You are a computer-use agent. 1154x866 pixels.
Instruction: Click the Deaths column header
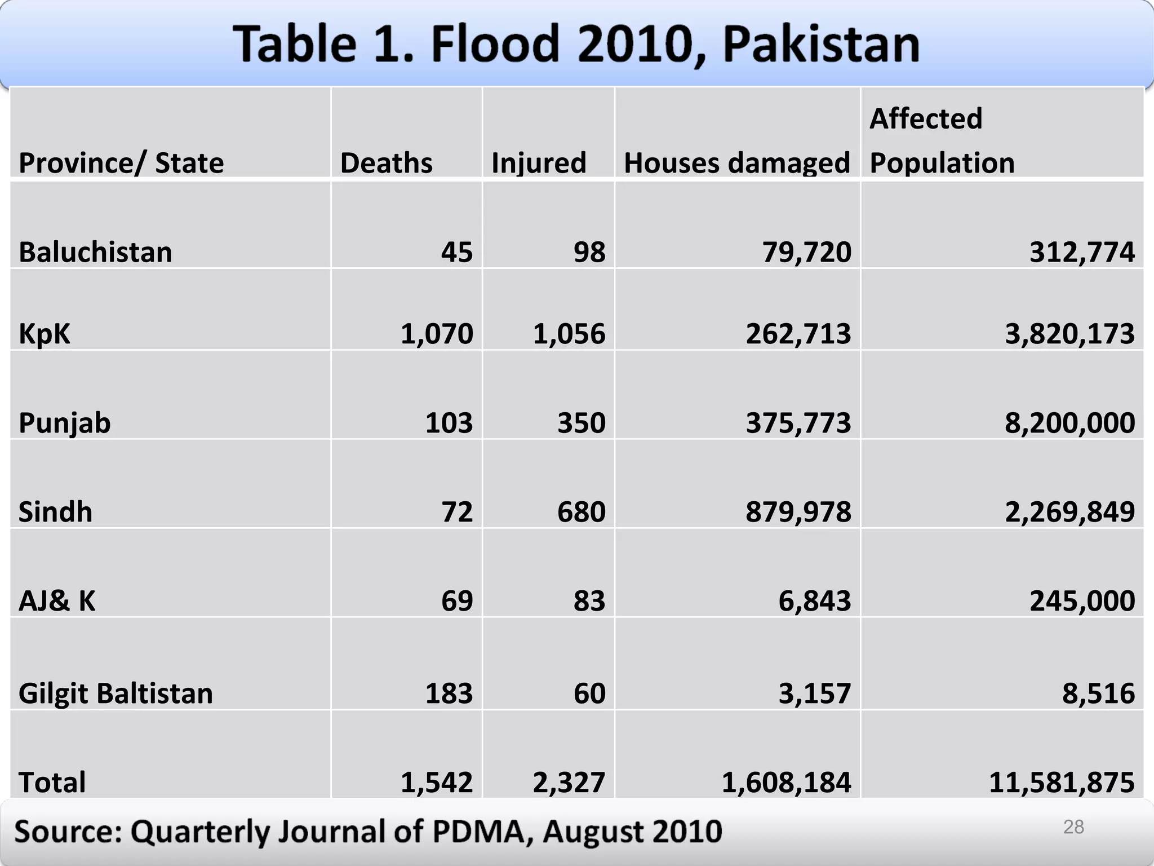click(x=386, y=163)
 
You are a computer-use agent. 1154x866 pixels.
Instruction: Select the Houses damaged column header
click(x=736, y=163)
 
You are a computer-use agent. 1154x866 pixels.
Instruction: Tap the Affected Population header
click(x=942, y=140)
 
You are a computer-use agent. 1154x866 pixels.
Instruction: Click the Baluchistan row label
click(x=95, y=252)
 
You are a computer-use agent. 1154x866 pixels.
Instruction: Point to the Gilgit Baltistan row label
click(x=116, y=693)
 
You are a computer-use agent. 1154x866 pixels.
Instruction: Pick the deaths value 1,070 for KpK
click(x=437, y=334)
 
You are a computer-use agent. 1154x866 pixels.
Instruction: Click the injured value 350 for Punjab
click(x=581, y=423)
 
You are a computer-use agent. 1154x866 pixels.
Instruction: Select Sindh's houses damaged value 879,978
click(x=798, y=512)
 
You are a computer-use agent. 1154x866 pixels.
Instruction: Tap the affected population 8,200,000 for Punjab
click(x=1069, y=423)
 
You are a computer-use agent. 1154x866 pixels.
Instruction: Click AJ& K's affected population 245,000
click(x=1082, y=601)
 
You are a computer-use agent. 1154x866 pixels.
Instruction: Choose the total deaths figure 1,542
click(x=437, y=783)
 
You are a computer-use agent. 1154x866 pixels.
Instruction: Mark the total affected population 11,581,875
click(x=1062, y=783)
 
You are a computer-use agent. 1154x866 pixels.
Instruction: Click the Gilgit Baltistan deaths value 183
click(x=449, y=693)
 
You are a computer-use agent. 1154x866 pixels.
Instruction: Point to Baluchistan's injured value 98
click(x=589, y=252)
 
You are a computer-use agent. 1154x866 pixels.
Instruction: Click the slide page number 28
click(x=1073, y=827)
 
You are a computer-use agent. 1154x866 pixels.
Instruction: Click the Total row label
click(x=52, y=783)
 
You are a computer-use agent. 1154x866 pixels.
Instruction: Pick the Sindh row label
click(x=55, y=512)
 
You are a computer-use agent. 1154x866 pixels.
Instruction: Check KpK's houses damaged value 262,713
click(x=798, y=334)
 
